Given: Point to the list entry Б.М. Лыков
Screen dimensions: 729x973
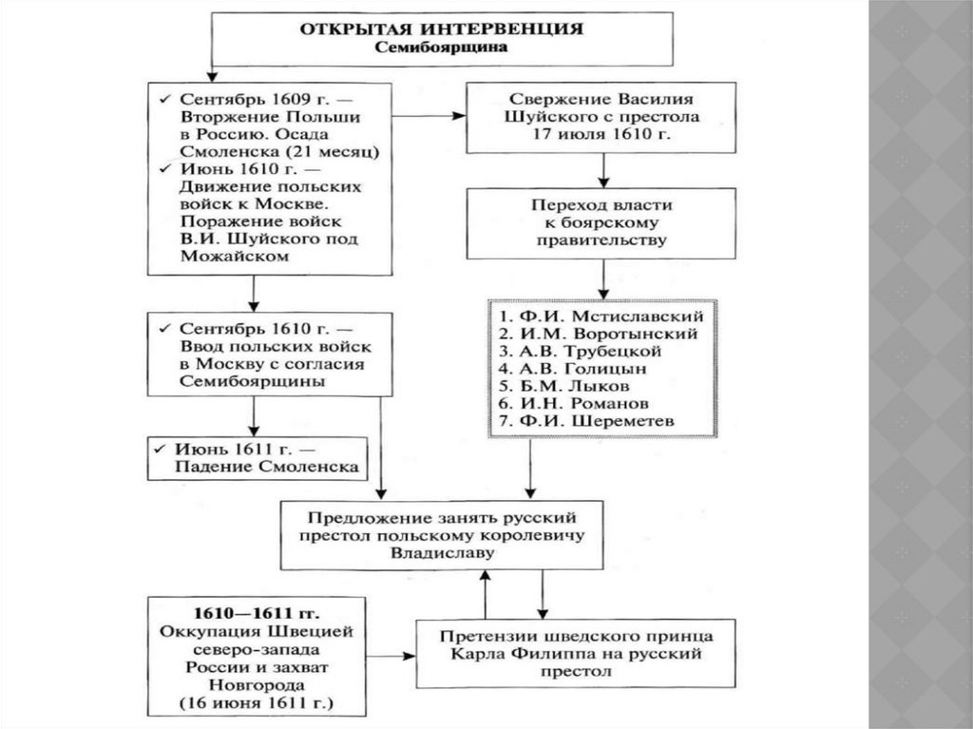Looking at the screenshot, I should (x=573, y=387).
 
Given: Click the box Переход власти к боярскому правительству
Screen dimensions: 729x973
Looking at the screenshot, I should (x=603, y=222).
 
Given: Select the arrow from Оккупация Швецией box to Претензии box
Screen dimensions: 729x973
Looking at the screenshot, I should (x=385, y=655).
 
